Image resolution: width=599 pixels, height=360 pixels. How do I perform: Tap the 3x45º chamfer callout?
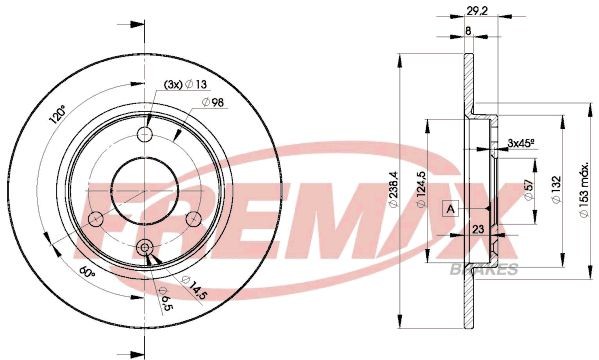[x=521, y=144]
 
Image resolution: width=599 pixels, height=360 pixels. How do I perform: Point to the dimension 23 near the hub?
[x=479, y=229]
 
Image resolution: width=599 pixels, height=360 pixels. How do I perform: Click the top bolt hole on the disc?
[x=146, y=135]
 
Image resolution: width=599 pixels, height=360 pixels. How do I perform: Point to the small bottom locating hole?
[x=146, y=249]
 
